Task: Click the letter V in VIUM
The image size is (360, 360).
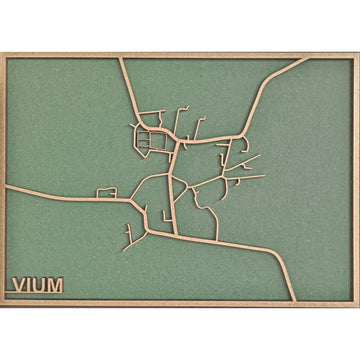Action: (x=17, y=285)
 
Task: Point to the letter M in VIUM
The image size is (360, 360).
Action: (x=53, y=285)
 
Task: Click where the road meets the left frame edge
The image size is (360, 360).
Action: (x=6, y=187)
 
